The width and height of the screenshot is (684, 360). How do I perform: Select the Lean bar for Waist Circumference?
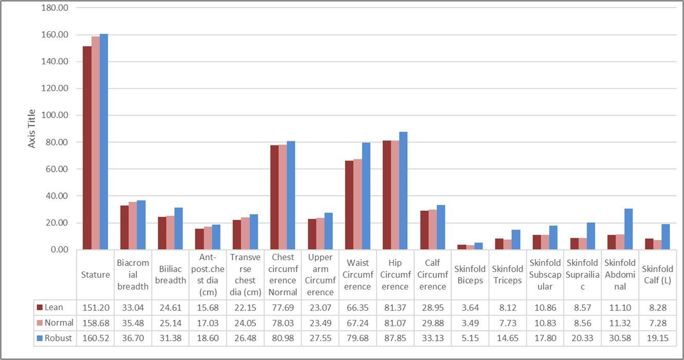[349, 205]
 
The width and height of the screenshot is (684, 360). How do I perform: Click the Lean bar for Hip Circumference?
[387, 195]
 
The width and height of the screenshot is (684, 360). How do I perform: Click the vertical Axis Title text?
[32, 129]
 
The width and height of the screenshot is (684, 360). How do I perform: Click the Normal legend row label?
[58, 323]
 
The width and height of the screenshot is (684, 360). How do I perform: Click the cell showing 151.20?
[95, 307]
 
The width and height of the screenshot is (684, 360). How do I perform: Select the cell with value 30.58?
[620, 339]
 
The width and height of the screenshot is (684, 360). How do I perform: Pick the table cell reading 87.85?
[395, 339]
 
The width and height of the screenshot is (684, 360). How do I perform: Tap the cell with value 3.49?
[470, 323]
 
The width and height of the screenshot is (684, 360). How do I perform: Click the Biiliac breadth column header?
[170, 274]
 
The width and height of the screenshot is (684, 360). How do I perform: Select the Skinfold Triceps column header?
[508, 274]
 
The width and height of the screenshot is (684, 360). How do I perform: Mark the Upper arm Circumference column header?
[320, 274]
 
